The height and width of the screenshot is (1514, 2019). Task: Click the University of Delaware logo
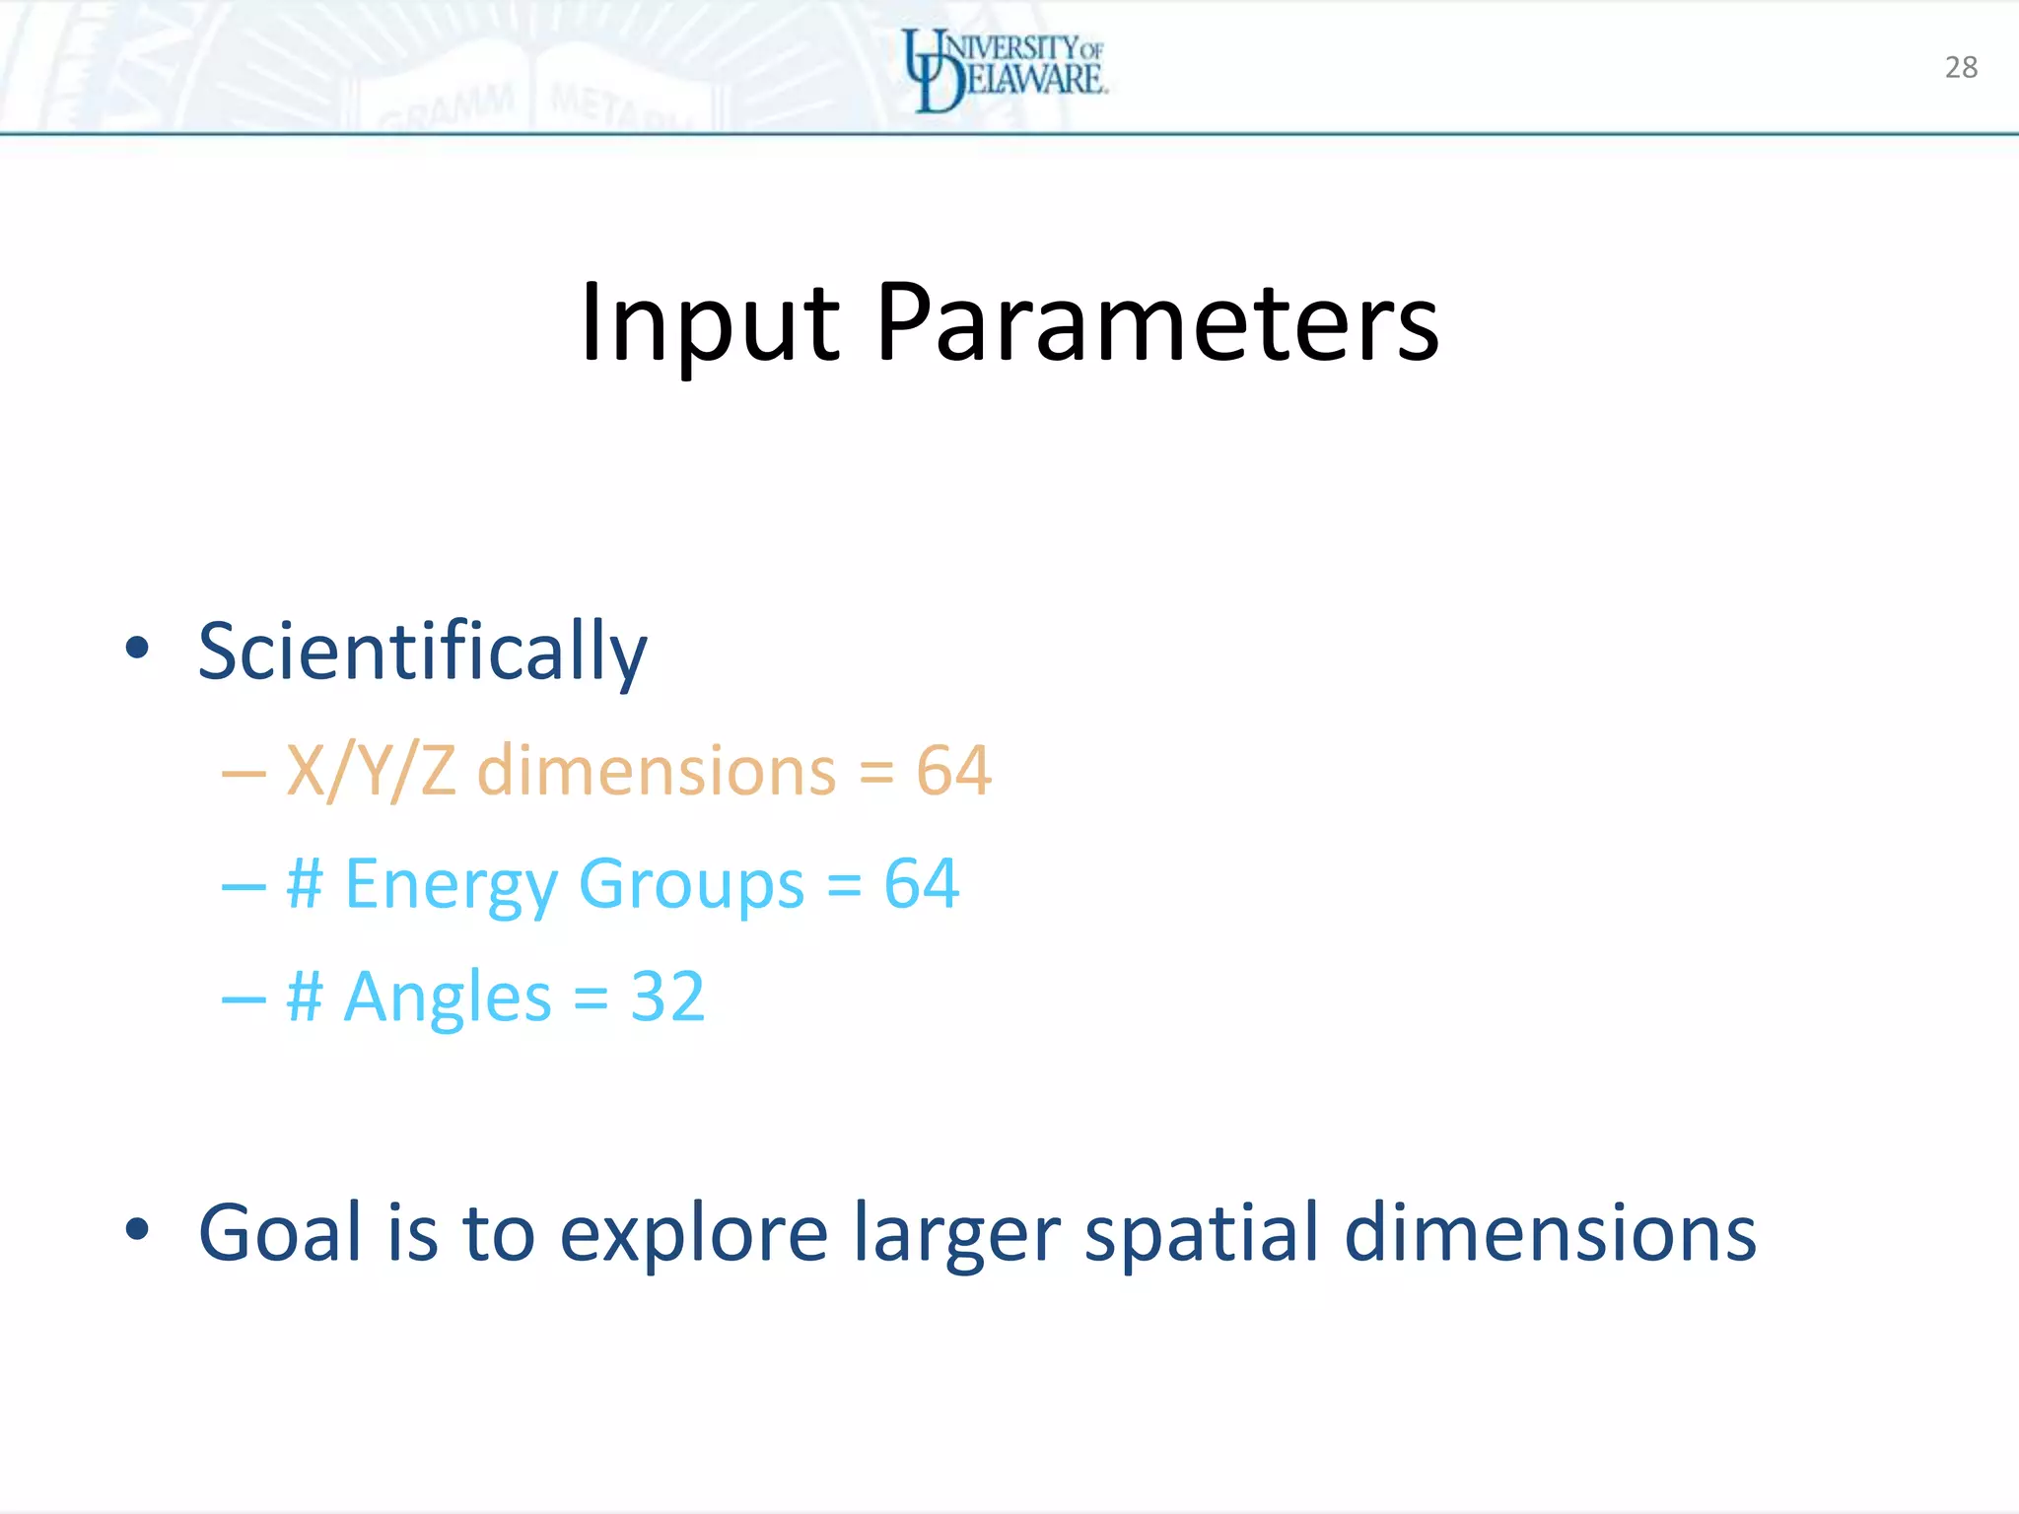(x=1005, y=69)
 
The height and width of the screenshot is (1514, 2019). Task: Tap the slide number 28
(x=1961, y=67)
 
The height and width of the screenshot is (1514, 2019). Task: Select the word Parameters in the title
(x=1157, y=323)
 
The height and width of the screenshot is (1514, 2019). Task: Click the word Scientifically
(x=422, y=652)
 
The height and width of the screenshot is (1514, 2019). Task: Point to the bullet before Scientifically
(x=137, y=649)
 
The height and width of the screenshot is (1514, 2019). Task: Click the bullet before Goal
(x=137, y=1229)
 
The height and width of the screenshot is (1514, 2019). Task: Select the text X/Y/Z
(x=371, y=771)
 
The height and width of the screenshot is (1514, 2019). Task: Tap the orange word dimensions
(x=657, y=771)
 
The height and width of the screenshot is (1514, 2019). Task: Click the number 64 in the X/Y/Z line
(x=953, y=771)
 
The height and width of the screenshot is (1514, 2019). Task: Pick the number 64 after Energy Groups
(x=921, y=883)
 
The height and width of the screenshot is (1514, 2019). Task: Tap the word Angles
(x=447, y=998)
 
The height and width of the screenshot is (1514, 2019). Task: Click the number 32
(x=667, y=997)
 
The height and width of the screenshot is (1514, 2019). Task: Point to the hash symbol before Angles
(x=304, y=997)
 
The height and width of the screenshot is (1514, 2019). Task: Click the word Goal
(x=280, y=1232)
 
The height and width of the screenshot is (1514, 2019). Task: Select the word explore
(x=694, y=1234)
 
